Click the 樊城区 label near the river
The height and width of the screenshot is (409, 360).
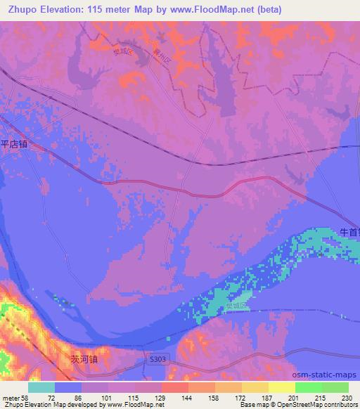click(x=236, y=306)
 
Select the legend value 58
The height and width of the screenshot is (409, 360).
click(x=25, y=398)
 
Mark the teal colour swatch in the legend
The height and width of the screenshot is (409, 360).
click(x=41, y=387)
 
